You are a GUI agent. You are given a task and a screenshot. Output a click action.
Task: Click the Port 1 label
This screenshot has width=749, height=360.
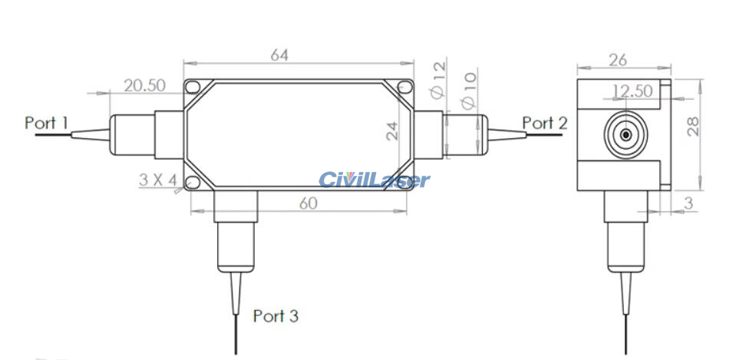pos(47,122)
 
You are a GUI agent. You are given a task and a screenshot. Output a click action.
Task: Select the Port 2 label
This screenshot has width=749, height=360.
pos(545,122)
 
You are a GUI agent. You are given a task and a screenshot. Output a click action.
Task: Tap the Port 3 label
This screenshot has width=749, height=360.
pos(276,315)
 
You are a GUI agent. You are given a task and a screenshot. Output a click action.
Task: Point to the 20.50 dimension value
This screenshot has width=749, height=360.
pos(145,85)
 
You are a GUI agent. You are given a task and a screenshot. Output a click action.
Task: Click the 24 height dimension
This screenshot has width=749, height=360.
pos(393,130)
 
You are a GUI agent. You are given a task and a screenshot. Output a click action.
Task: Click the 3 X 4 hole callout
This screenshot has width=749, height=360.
pos(158,180)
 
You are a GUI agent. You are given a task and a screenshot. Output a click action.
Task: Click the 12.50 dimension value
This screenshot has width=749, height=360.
pos(632,91)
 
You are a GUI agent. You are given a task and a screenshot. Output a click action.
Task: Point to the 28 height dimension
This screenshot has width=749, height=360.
pos(693,127)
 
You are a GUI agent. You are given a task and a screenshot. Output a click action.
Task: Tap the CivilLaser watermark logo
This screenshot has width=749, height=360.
pos(374,180)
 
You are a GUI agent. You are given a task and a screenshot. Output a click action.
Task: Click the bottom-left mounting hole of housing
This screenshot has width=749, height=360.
pos(192,183)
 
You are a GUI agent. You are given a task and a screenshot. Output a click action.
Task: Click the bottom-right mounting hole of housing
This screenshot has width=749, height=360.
pos(405,183)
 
